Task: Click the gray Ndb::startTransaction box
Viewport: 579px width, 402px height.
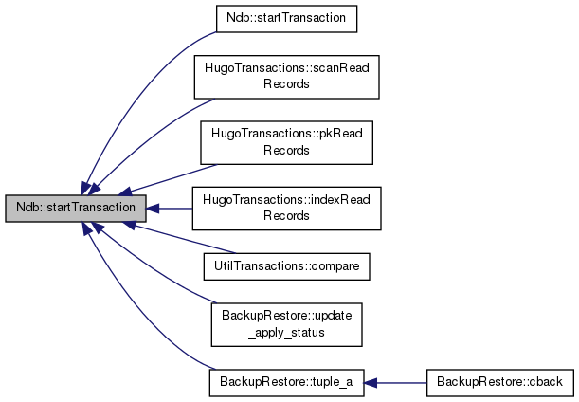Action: [x=76, y=209]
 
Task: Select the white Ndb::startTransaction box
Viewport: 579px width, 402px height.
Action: [x=286, y=19]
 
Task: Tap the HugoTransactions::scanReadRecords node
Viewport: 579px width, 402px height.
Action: [x=287, y=77]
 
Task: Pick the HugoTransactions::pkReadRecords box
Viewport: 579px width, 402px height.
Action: [x=287, y=142]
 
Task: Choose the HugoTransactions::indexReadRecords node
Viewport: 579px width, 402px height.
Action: [x=287, y=209]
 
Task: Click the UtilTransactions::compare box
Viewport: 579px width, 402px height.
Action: [x=287, y=266]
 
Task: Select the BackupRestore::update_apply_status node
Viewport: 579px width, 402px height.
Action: [x=287, y=325]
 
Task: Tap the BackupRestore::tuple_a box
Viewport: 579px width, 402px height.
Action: [x=287, y=383]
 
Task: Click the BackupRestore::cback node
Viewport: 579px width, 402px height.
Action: [x=500, y=383]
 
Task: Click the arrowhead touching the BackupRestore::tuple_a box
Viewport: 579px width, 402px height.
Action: [x=371, y=383]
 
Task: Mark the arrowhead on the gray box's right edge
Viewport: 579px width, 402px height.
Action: [x=153, y=209]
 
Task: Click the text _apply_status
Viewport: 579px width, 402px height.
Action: [x=286, y=333]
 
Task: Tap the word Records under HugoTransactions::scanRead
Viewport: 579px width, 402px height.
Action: [x=286, y=84]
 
